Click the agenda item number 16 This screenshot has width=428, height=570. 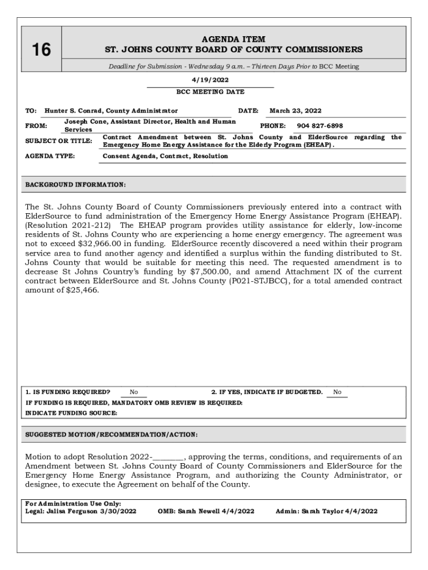(41, 50)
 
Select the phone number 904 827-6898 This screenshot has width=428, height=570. (320, 126)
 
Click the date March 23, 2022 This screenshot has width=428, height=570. (295, 111)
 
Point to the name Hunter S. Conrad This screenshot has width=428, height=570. (74, 111)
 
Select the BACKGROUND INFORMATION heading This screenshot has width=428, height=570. (76, 184)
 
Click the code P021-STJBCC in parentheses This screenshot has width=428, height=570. (256, 281)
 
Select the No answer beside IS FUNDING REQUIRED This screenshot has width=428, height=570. (133, 392)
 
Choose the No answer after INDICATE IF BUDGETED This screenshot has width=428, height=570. (337, 392)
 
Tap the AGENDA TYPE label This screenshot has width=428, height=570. (50, 156)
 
